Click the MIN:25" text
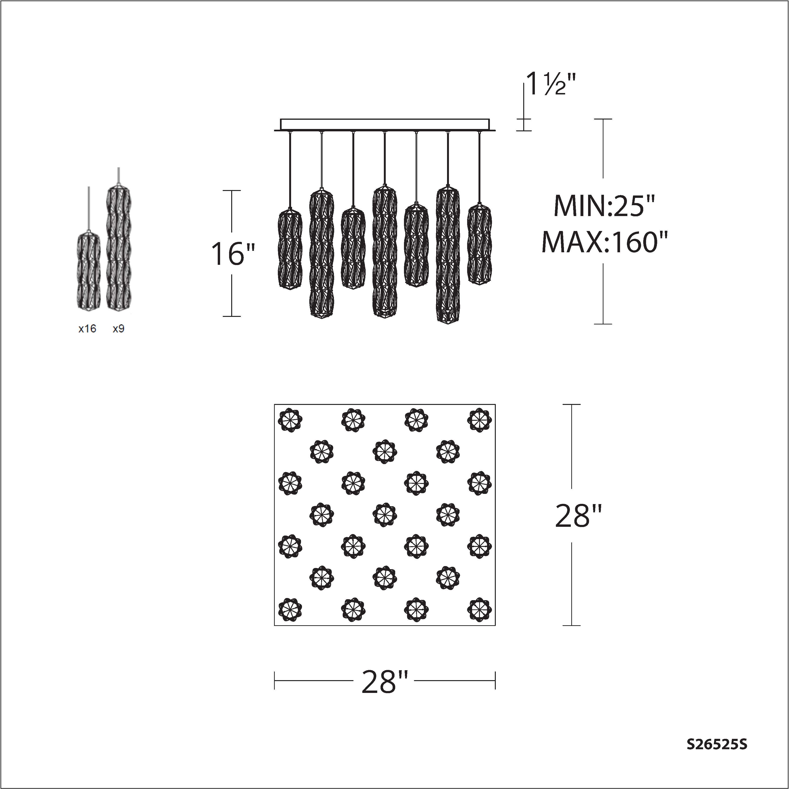(x=604, y=206)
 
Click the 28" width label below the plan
(x=385, y=681)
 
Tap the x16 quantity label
(x=87, y=329)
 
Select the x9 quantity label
(x=118, y=329)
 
